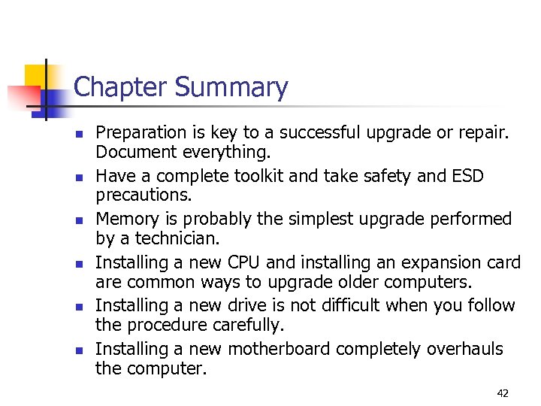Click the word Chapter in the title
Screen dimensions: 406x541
click(x=121, y=88)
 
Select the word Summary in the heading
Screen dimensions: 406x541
click(x=231, y=88)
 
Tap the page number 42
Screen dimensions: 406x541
click(x=503, y=392)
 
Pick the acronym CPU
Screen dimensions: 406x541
click(x=243, y=263)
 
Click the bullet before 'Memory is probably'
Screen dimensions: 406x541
click(x=77, y=220)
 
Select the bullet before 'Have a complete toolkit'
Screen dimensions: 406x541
click(x=77, y=177)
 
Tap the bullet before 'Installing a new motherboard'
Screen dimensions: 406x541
click(x=77, y=350)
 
